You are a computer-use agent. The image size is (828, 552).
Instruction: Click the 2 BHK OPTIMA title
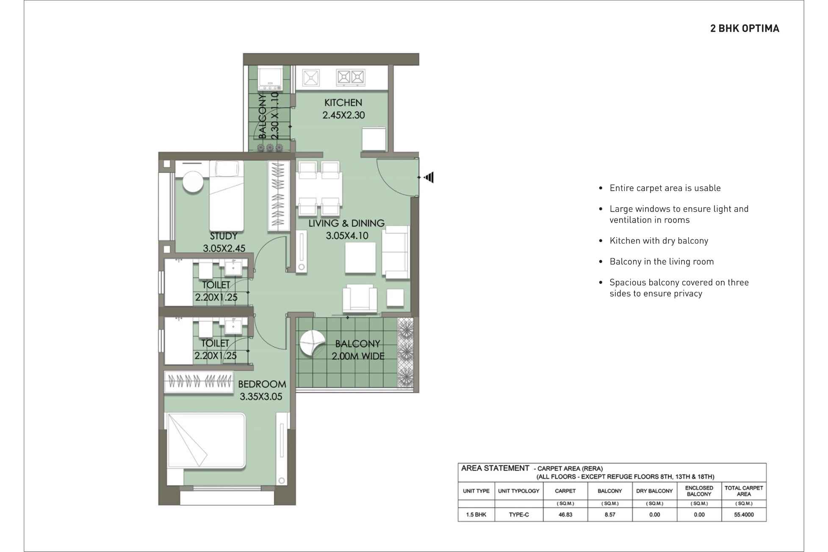[x=744, y=28]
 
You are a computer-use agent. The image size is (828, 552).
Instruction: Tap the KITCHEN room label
[x=343, y=103]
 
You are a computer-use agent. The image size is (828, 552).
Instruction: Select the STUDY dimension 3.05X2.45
[x=224, y=248]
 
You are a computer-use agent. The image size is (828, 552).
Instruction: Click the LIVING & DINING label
[x=346, y=223]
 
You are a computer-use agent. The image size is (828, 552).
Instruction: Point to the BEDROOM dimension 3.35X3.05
[x=261, y=397]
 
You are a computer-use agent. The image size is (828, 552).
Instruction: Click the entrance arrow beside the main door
[x=429, y=177]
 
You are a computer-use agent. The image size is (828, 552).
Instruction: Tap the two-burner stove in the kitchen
[x=350, y=77]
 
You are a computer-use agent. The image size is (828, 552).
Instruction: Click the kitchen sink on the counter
[x=311, y=78]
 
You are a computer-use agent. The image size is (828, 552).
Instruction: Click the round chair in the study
[x=193, y=182]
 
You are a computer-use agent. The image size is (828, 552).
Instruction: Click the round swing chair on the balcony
[x=312, y=343]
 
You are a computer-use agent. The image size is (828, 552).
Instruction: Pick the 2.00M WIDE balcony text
[x=358, y=356]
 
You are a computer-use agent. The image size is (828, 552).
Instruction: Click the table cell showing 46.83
[x=565, y=515]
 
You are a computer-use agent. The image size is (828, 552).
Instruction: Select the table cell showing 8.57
[x=609, y=515]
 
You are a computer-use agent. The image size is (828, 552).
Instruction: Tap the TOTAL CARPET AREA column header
[x=743, y=491]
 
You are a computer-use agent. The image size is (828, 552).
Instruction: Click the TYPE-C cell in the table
[x=518, y=515]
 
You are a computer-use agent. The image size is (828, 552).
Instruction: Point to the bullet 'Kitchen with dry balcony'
[x=659, y=241]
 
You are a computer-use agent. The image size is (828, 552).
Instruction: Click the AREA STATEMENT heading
[x=495, y=468]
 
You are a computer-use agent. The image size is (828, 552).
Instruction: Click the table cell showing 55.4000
[x=743, y=515]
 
